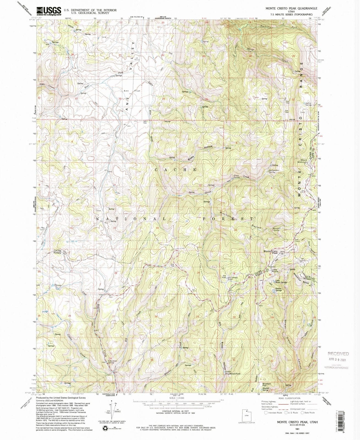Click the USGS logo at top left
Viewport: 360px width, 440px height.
tap(48, 11)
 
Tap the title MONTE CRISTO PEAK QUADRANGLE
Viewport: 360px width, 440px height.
tap(287, 9)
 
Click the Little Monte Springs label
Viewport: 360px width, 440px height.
tap(281, 282)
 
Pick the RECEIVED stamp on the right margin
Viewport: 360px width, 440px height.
tap(338, 354)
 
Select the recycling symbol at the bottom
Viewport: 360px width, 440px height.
tap(105, 420)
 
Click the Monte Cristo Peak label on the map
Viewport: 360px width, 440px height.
tap(271, 252)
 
